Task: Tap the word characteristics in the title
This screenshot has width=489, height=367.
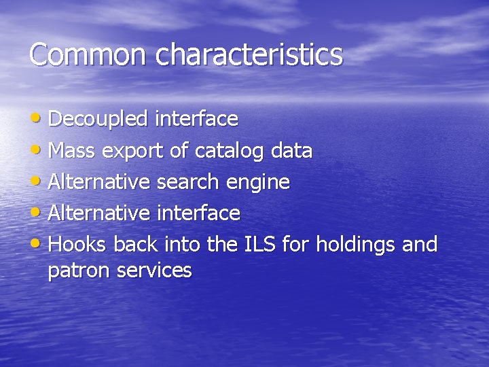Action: click(x=249, y=54)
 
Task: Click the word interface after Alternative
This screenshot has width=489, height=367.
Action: click(x=198, y=213)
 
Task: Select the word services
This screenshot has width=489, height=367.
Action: click(x=154, y=270)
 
